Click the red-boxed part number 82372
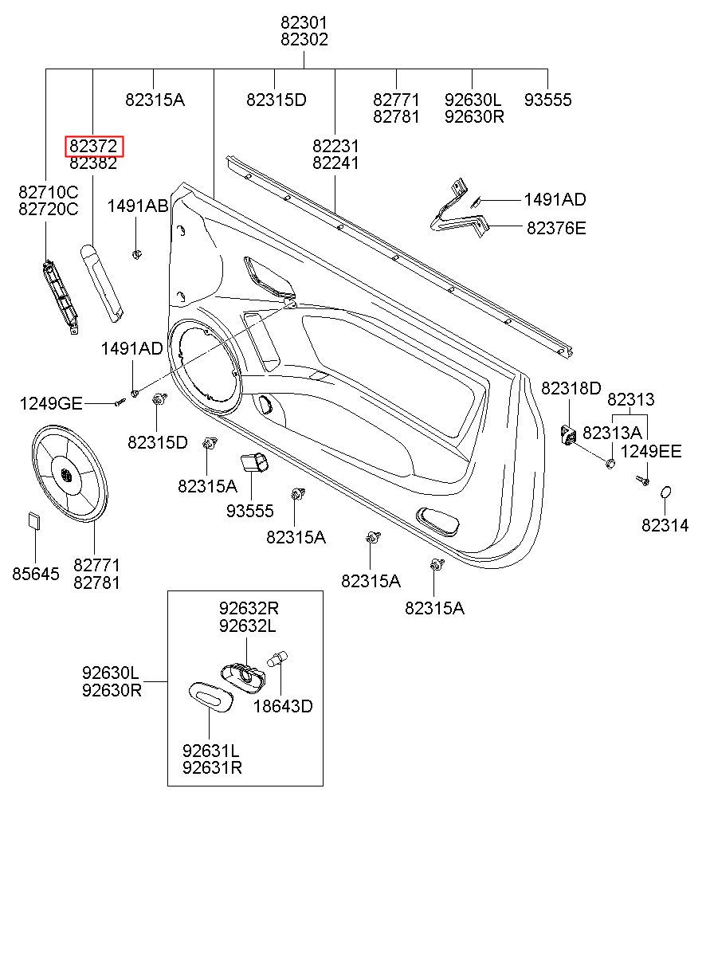(93, 147)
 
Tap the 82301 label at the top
(304, 22)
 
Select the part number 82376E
(556, 228)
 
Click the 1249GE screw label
(51, 403)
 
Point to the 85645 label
(36, 574)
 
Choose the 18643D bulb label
(283, 706)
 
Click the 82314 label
(665, 525)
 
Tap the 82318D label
(571, 388)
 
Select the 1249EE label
(651, 452)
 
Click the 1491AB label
(138, 206)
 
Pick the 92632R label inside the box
(249, 608)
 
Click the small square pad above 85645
(34, 520)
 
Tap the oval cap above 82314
(665, 492)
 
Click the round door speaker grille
(69, 474)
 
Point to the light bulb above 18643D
(278, 659)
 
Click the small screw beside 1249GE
(120, 402)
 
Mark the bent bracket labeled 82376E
(459, 208)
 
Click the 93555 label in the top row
(548, 100)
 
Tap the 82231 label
(335, 147)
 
